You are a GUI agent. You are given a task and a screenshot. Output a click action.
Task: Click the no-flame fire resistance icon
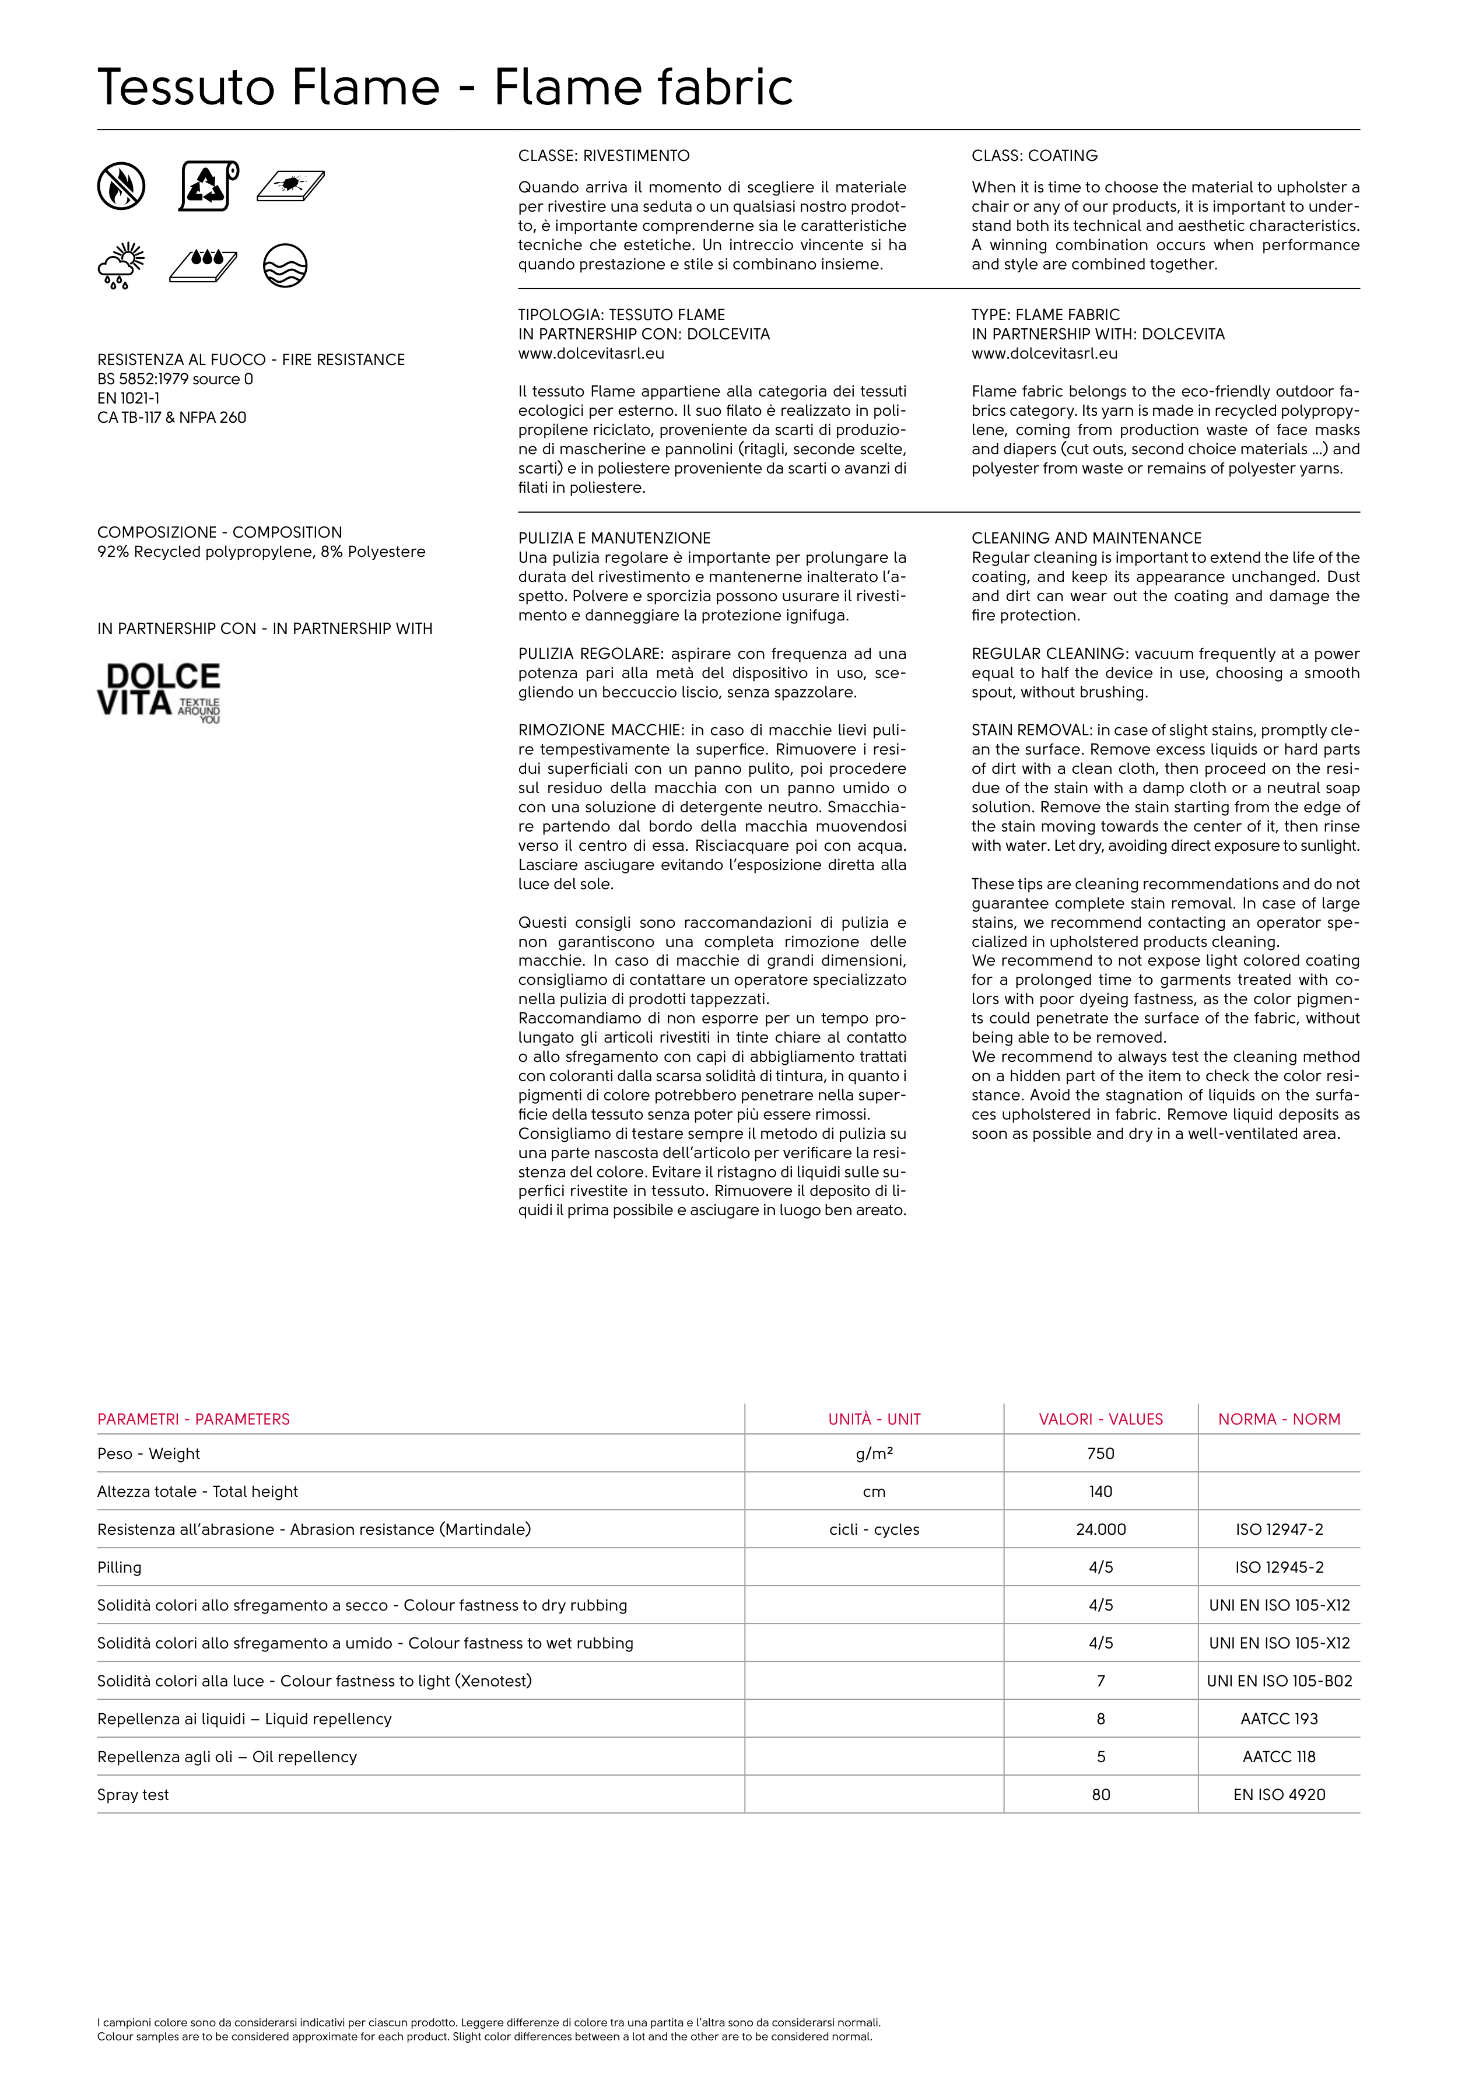pos(121,186)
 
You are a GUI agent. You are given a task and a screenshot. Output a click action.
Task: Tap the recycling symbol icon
pos(208,186)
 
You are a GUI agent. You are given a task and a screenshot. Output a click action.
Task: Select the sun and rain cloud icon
pos(121,265)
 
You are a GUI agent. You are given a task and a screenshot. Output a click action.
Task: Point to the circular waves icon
pos(285,265)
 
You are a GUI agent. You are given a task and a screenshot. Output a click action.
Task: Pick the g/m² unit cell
pos(874,1454)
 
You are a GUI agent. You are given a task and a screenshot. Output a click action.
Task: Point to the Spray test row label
pos(133,1795)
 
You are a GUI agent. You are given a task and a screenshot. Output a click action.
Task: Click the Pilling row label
pos(119,1567)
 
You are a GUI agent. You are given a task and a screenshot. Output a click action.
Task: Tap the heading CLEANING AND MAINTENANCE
pos(1086,538)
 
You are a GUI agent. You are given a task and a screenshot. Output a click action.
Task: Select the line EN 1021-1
pos(128,398)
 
